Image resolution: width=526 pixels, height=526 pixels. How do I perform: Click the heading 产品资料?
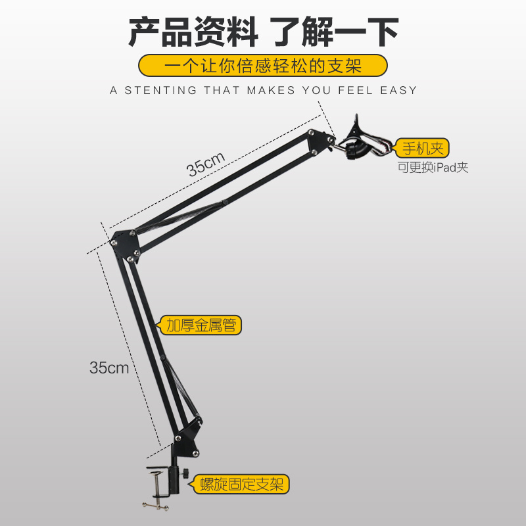pyautogui.click(x=190, y=31)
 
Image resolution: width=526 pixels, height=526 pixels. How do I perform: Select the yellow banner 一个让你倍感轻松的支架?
pyautogui.click(x=263, y=66)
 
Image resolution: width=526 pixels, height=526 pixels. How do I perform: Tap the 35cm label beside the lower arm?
pyautogui.click(x=109, y=367)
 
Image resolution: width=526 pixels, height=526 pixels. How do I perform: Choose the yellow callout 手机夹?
pyautogui.click(x=422, y=148)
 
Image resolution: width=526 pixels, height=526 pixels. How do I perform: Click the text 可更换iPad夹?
pyautogui.click(x=433, y=167)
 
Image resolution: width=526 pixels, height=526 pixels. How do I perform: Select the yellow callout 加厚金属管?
pyautogui.click(x=201, y=324)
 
